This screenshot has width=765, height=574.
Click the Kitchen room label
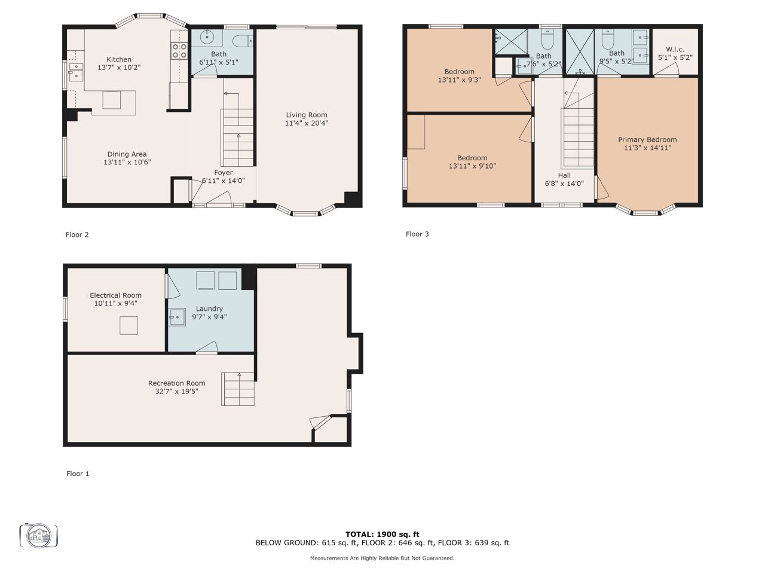coord(119,59)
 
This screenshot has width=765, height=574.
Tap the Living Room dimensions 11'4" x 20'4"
coord(307,123)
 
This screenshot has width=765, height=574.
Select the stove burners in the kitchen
coord(179,51)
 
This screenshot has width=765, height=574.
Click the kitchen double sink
coord(76,72)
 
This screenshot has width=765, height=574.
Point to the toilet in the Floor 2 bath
coord(243,41)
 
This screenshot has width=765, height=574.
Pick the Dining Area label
coord(127,154)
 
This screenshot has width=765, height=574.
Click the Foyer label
coord(224,173)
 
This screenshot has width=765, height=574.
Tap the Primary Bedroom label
coord(647,139)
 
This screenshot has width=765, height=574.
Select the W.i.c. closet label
coord(675,50)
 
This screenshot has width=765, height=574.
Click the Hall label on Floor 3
coord(564,175)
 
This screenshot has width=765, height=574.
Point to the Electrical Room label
coord(116,295)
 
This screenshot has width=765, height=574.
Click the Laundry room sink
coord(177,317)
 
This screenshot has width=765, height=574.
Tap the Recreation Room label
coord(177,383)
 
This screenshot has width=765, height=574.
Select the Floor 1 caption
coord(78,474)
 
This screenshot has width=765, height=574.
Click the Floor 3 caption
coord(417,234)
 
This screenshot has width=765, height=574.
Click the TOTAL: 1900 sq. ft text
coord(382,535)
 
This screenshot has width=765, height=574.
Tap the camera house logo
coord(39,535)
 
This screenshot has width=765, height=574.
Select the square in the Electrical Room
coord(128,325)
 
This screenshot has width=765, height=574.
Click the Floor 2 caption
coord(77,234)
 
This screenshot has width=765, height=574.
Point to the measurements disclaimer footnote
coord(382,558)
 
